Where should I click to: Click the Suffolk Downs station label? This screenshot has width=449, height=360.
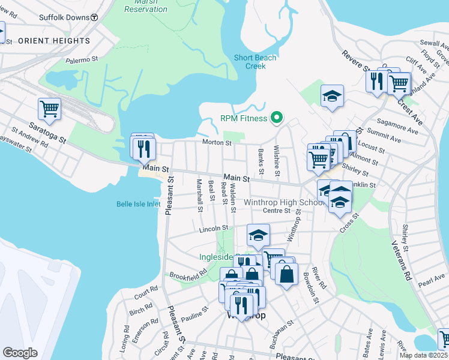coord(65,18)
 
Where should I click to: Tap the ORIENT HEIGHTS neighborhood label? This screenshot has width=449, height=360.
coord(54,41)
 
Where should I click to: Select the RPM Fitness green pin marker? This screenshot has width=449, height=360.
coord(277,118)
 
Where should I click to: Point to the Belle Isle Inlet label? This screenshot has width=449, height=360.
coord(139,204)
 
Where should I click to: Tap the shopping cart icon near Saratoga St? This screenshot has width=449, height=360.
coord(49,109)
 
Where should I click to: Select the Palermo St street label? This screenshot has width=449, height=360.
coord(82,60)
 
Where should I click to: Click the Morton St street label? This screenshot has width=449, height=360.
coord(217,143)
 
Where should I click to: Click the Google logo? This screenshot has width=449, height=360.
coord(20,353)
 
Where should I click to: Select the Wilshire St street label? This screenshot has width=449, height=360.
coord(277,161)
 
